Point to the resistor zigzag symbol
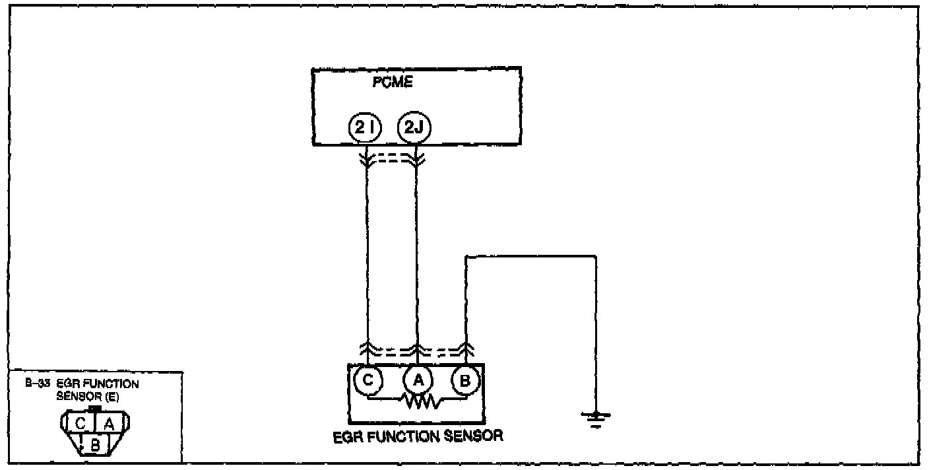(416, 401)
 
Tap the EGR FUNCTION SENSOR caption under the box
(418, 436)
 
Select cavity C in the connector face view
(80, 423)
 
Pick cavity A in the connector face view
(110, 423)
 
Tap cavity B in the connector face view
(95, 446)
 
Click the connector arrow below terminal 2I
(366, 159)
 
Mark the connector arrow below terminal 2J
(416, 159)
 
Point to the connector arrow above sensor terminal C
(367, 348)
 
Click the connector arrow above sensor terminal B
(466, 348)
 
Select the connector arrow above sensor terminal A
(416, 348)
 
